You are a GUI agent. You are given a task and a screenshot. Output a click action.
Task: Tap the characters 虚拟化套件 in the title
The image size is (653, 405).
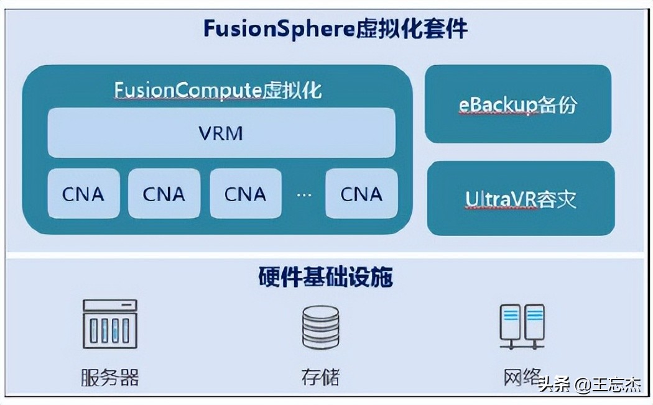pyautogui.click(x=412, y=29)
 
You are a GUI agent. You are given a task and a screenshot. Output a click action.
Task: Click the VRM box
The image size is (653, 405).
pyautogui.click(x=221, y=133)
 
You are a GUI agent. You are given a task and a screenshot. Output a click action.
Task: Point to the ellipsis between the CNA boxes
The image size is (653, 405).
pyautogui.click(x=303, y=194)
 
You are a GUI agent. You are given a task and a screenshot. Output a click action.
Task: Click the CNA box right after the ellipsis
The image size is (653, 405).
pyautogui.click(x=361, y=194)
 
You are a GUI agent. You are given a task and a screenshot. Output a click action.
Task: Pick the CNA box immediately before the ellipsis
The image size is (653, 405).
pyautogui.click(x=245, y=194)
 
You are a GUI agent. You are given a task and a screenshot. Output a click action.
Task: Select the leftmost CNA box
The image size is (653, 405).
pyautogui.click(x=83, y=194)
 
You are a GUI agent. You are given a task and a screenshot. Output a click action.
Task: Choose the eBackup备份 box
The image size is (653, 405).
pyautogui.click(x=517, y=104)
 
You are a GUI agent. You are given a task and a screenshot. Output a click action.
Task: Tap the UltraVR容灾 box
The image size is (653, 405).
pyautogui.click(x=521, y=199)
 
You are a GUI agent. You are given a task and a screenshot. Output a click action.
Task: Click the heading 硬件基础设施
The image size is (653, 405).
pyautogui.click(x=325, y=277)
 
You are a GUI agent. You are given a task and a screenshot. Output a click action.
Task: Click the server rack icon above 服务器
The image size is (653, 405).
pyautogui.click(x=110, y=324)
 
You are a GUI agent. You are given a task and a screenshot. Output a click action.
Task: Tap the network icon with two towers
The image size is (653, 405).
pyautogui.click(x=522, y=325)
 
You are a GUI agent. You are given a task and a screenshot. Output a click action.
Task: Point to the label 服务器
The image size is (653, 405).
pyautogui.click(x=109, y=377)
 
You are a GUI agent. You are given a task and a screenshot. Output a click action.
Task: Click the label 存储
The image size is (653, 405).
pyautogui.click(x=321, y=377)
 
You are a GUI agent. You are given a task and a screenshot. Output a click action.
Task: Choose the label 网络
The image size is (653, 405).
pyautogui.click(x=521, y=377)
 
